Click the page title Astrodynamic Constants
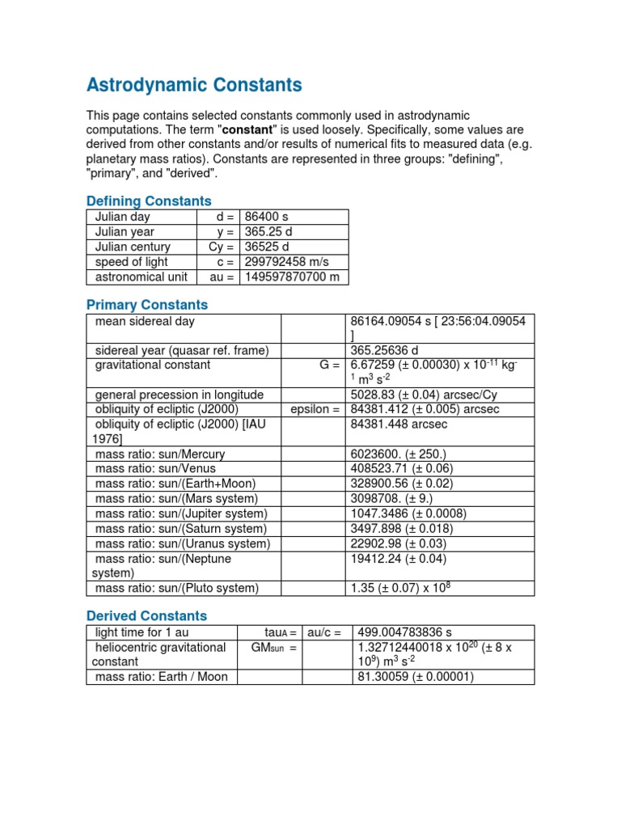(x=194, y=85)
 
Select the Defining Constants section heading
(x=149, y=201)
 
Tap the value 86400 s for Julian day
(x=267, y=218)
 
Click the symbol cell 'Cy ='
(x=221, y=247)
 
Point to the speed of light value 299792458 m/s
(x=286, y=262)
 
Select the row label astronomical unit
(x=142, y=277)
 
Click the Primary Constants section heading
(x=146, y=305)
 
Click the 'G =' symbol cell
(x=328, y=365)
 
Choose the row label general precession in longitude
(x=180, y=395)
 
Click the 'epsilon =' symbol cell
(x=315, y=409)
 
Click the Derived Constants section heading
(x=146, y=615)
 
